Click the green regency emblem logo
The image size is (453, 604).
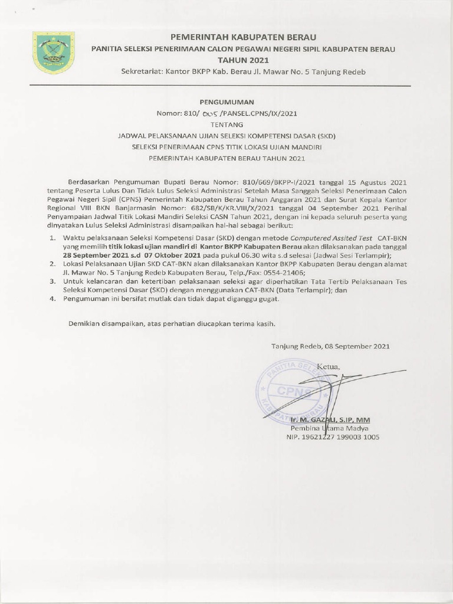53,52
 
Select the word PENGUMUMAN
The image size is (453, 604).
226,101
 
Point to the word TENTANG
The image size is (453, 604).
226,124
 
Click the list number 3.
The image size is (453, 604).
52,282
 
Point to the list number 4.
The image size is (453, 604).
52,300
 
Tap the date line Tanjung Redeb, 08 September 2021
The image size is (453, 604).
330,346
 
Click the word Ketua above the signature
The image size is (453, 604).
329,367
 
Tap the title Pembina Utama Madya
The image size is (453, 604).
330,428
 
